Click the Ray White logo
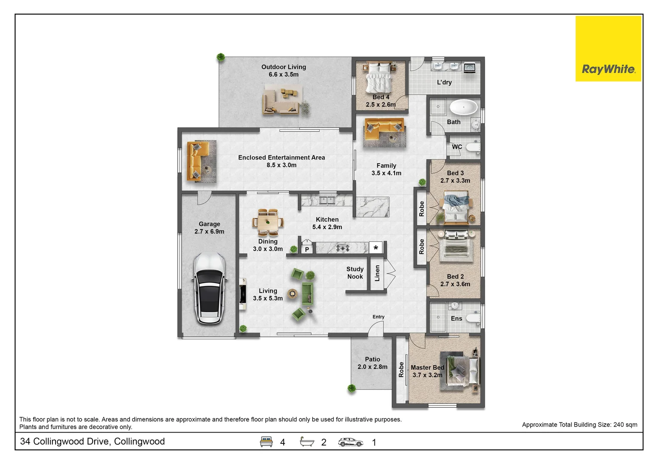click(x=608, y=49)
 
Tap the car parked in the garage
click(x=210, y=288)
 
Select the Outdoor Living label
click(x=284, y=67)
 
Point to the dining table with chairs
click(x=268, y=222)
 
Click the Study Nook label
click(x=355, y=273)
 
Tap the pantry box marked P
click(x=307, y=249)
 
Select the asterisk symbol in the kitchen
click(x=376, y=248)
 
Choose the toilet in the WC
click(x=473, y=147)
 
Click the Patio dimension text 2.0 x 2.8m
click(x=372, y=367)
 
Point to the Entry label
click(x=378, y=317)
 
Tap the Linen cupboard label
click(x=377, y=273)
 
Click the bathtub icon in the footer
click(x=307, y=442)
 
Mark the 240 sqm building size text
click(x=625, y=424)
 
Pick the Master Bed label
click(x=427, y=367)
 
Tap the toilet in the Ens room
click(x=473, y=318)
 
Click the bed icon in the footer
click(x=266, y=442)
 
